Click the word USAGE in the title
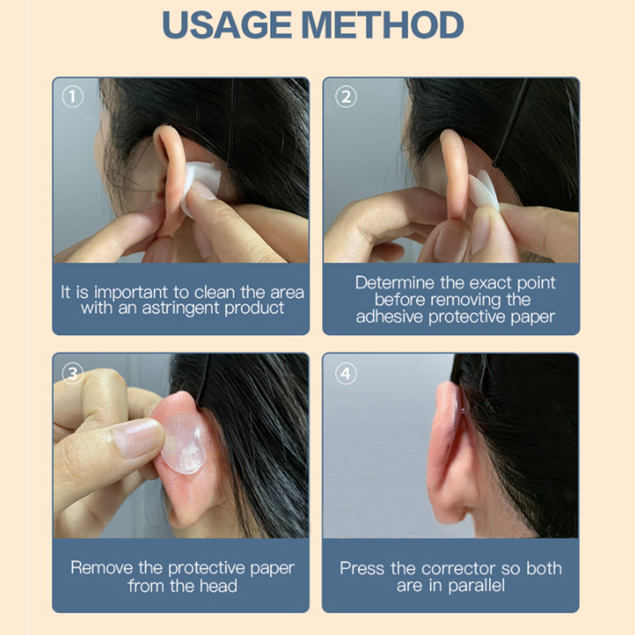tap(227, 25)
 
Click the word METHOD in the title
tap(383, 25)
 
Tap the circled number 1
tap(72, 97)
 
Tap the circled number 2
tap(346, 97)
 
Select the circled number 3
tap(73, 373)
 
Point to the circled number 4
tap(346, 373)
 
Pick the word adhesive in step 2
tap(389, 317)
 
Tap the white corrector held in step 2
tap(485, 191)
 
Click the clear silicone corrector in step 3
tap(183, 443)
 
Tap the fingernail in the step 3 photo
tap(137, 437)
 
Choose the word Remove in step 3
tap(102, 568)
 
